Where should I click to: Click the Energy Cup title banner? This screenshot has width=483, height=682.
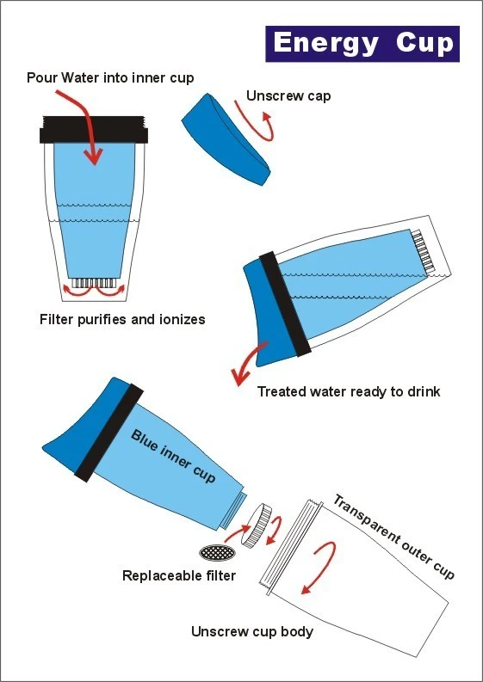(x=362, y=44)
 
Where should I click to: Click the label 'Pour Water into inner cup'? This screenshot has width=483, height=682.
(x=110, y=78)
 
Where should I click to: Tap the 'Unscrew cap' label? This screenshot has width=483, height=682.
(x=288, y=95)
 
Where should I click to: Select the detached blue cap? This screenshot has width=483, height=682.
(x=226, y=140)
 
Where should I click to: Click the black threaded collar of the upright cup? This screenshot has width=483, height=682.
(x=94, y=130)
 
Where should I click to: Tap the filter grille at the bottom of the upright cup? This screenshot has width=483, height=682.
(x=94, y=283)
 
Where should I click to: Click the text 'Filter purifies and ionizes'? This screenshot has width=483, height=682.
(x=122, y=320)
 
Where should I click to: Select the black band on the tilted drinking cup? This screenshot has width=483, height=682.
(x=285, y=304)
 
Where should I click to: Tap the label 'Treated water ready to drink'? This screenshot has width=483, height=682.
(x=349, y=391)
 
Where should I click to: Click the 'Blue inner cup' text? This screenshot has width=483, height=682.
(x=173, y=457)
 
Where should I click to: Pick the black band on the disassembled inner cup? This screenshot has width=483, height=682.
(x=108, y=433)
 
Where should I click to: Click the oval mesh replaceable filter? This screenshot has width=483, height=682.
(x=217, y=553)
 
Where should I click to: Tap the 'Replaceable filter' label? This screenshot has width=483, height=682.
(x=179, y=576)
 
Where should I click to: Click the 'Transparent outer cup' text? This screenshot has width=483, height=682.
(x=393, y=537)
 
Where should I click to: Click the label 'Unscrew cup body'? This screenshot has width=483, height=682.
(x=252, y=631)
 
